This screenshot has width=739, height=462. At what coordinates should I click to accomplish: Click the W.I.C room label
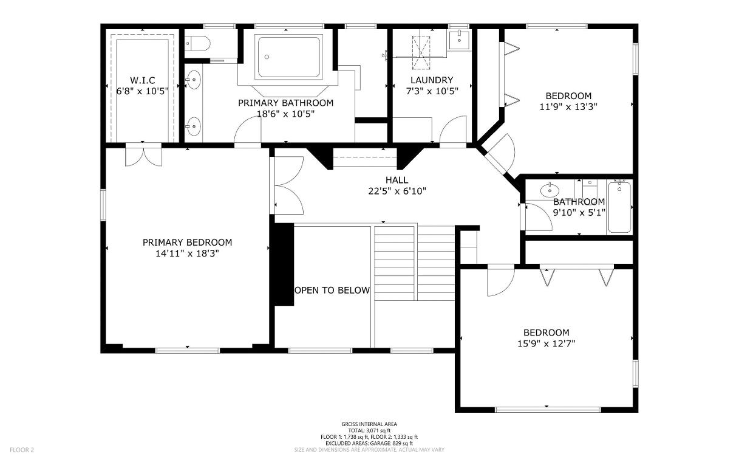[143, 80]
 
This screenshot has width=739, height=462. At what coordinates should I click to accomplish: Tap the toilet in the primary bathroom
[197, 43]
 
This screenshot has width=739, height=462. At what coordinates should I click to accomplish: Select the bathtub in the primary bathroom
[288, 57]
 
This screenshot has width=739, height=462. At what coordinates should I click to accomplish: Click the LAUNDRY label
[432, 80]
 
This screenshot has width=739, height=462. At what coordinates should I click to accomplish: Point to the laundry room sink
[460, 40]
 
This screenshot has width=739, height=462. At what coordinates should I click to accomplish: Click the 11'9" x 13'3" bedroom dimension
[568, 107]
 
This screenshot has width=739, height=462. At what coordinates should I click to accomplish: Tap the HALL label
[397, 180]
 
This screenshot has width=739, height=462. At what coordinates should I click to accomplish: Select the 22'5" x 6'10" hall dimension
[397, 191]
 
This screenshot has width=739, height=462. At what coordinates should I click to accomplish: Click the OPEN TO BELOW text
[332, 291]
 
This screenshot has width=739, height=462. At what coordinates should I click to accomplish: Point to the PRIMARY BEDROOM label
[188, 243]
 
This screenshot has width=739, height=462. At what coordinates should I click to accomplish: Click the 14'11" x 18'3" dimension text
[188, 253]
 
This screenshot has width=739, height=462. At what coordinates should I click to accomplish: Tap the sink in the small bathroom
[550, 190]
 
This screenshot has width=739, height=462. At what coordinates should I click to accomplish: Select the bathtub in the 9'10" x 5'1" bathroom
[619, 207]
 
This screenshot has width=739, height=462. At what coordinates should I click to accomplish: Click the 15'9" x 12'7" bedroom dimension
[547, 344]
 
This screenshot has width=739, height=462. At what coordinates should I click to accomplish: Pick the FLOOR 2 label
[22, 450]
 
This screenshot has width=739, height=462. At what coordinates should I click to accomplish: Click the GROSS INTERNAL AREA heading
[369, 424]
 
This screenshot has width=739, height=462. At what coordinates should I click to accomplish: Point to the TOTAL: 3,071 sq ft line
[369, 430]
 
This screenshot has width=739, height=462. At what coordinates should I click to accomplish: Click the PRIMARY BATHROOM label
[286, 103]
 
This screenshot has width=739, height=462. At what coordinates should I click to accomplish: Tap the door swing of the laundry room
[453, 129]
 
